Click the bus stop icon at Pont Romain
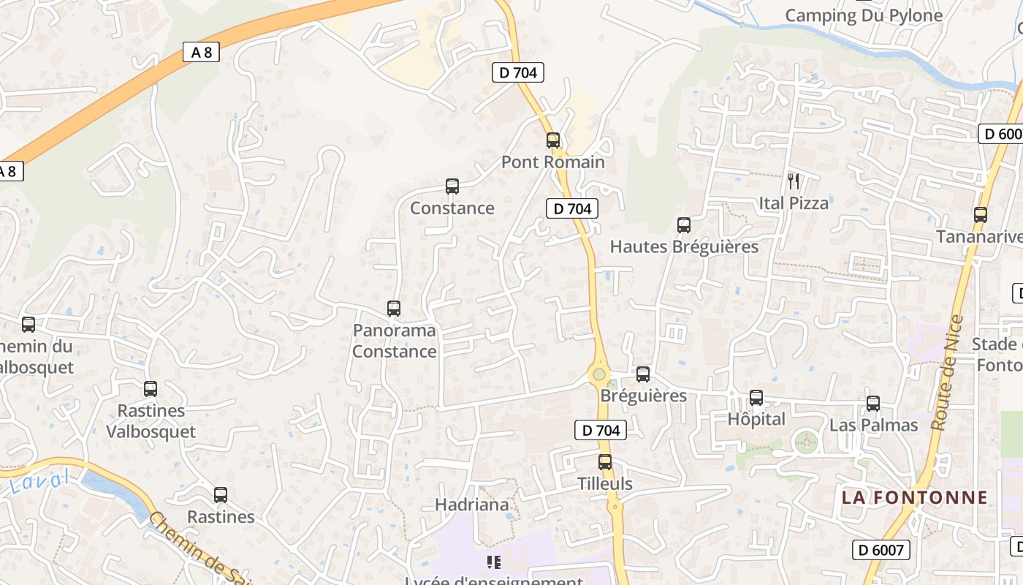pyautogui.click(x=553, y=140)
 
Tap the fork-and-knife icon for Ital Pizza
pyautogui.click(x=794, y=181)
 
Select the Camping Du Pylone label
pyautogui.click(x=864, y=15)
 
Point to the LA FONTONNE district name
pyautogui.click(x=914, y=498)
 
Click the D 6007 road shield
pyautogui.click(x=881, y=550)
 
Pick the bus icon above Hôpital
pyautogui.click(x=756, y=398)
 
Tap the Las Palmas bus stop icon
pyautogui.click(x=872, y=404)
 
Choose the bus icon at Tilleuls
pyautogui.click(x=605, y=462)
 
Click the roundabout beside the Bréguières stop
pyautogui.click(x=599, y=374)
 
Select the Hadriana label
pyautogui.click(x=471, y=505)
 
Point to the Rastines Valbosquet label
pyautogui.click(x=151, y=421)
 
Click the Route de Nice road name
pyautogui.click(x=948, y=373)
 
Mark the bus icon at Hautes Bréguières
pyautogui.click(x=684, y=225)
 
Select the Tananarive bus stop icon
pyautogui.click(x=981, y=215)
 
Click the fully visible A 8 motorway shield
pyautogui.click(x=201, y=52)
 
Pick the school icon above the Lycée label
pyautogui.click(x=494, y=562)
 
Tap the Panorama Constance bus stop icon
pyautogui.click(x=394, y=309)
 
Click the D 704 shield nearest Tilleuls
pyautogui.click(x=601, y=431)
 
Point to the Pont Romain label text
pyautogui.click(x=553, y=162)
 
